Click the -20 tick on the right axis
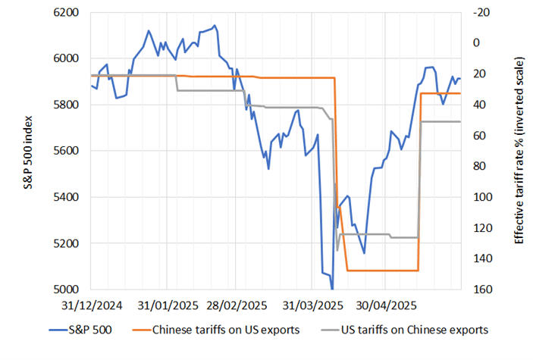coord(482,13)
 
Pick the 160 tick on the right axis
coord(482,290)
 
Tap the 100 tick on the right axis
coord(482,197)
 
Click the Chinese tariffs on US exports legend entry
coord(220,330)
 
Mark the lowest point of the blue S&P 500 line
coord(332,289)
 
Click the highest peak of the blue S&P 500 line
coord(215,26)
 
